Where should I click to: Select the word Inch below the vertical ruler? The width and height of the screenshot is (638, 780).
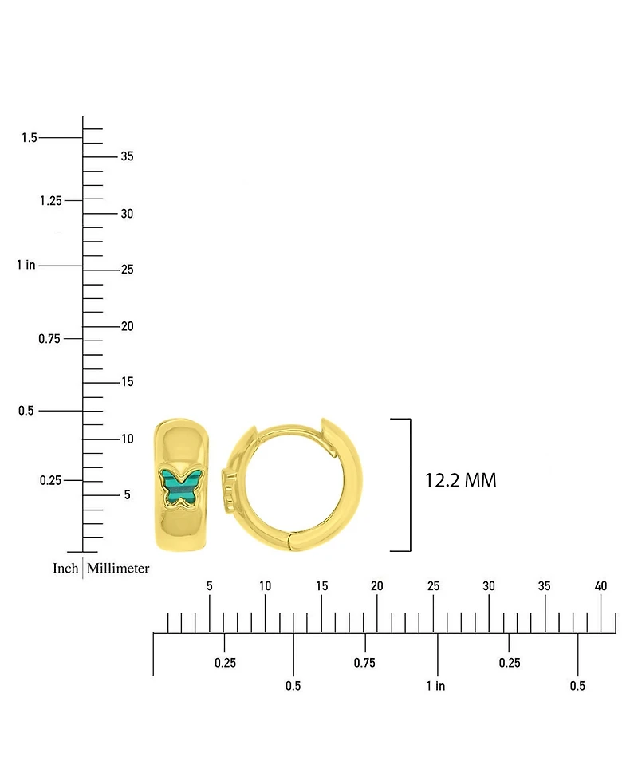[x=65, y=568]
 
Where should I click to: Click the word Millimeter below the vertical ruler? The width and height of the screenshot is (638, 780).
[x=118, y=568]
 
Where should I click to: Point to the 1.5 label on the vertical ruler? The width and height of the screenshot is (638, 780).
[x=30, y=138]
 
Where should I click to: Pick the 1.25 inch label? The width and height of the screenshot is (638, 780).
[x=51, y=200]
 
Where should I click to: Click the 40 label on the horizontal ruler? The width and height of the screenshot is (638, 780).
[x=601, y=586]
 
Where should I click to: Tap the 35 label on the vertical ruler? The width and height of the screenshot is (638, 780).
[x=127, y=156]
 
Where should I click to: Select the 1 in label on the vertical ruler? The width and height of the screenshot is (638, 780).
[x=26, y=265]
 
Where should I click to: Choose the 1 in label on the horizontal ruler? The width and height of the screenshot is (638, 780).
[x=435, y=686]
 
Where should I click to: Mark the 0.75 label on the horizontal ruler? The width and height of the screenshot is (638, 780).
[x=364, y=662]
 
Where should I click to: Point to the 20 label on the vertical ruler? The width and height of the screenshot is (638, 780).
[x=127, y=326]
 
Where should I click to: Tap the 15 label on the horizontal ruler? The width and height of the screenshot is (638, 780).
[x=321, y=586]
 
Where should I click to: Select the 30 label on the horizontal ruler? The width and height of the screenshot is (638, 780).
[x=489, y=586]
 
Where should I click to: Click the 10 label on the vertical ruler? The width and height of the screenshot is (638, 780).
[x=127, y=439]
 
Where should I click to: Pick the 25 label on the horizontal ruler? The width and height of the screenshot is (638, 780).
[x=433, y=586]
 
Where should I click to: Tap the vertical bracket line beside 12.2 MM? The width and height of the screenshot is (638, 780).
[x=411, y=485]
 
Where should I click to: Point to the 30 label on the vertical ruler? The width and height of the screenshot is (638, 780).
[x=127, y=214]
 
